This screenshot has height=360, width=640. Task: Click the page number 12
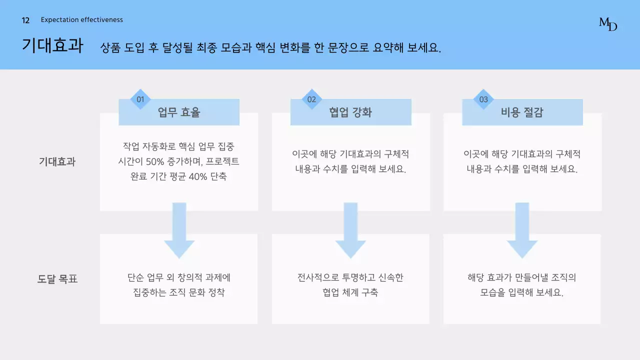pos(26,20)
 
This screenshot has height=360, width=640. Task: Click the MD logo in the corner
pos(608,23)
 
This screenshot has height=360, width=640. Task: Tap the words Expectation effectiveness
pos(82,20)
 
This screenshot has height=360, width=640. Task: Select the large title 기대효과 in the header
pos(52,45)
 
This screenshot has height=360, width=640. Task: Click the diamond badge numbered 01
pos(140,99)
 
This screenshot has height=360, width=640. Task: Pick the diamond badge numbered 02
pos(312,99)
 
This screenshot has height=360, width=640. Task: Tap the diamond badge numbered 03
pos(483,99)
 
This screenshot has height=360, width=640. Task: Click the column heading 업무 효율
pos(179,112)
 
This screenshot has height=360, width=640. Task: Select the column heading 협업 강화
pos(350,112)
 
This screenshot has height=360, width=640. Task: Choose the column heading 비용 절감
pos(522,112)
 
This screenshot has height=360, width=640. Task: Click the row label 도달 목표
pos(57,279)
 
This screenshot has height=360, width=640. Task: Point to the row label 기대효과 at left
pos(57,161)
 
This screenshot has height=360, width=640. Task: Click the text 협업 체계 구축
pos(350,292)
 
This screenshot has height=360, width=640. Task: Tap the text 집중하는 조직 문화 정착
pos(179,292)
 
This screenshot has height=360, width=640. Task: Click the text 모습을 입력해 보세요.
pos(522,292)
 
